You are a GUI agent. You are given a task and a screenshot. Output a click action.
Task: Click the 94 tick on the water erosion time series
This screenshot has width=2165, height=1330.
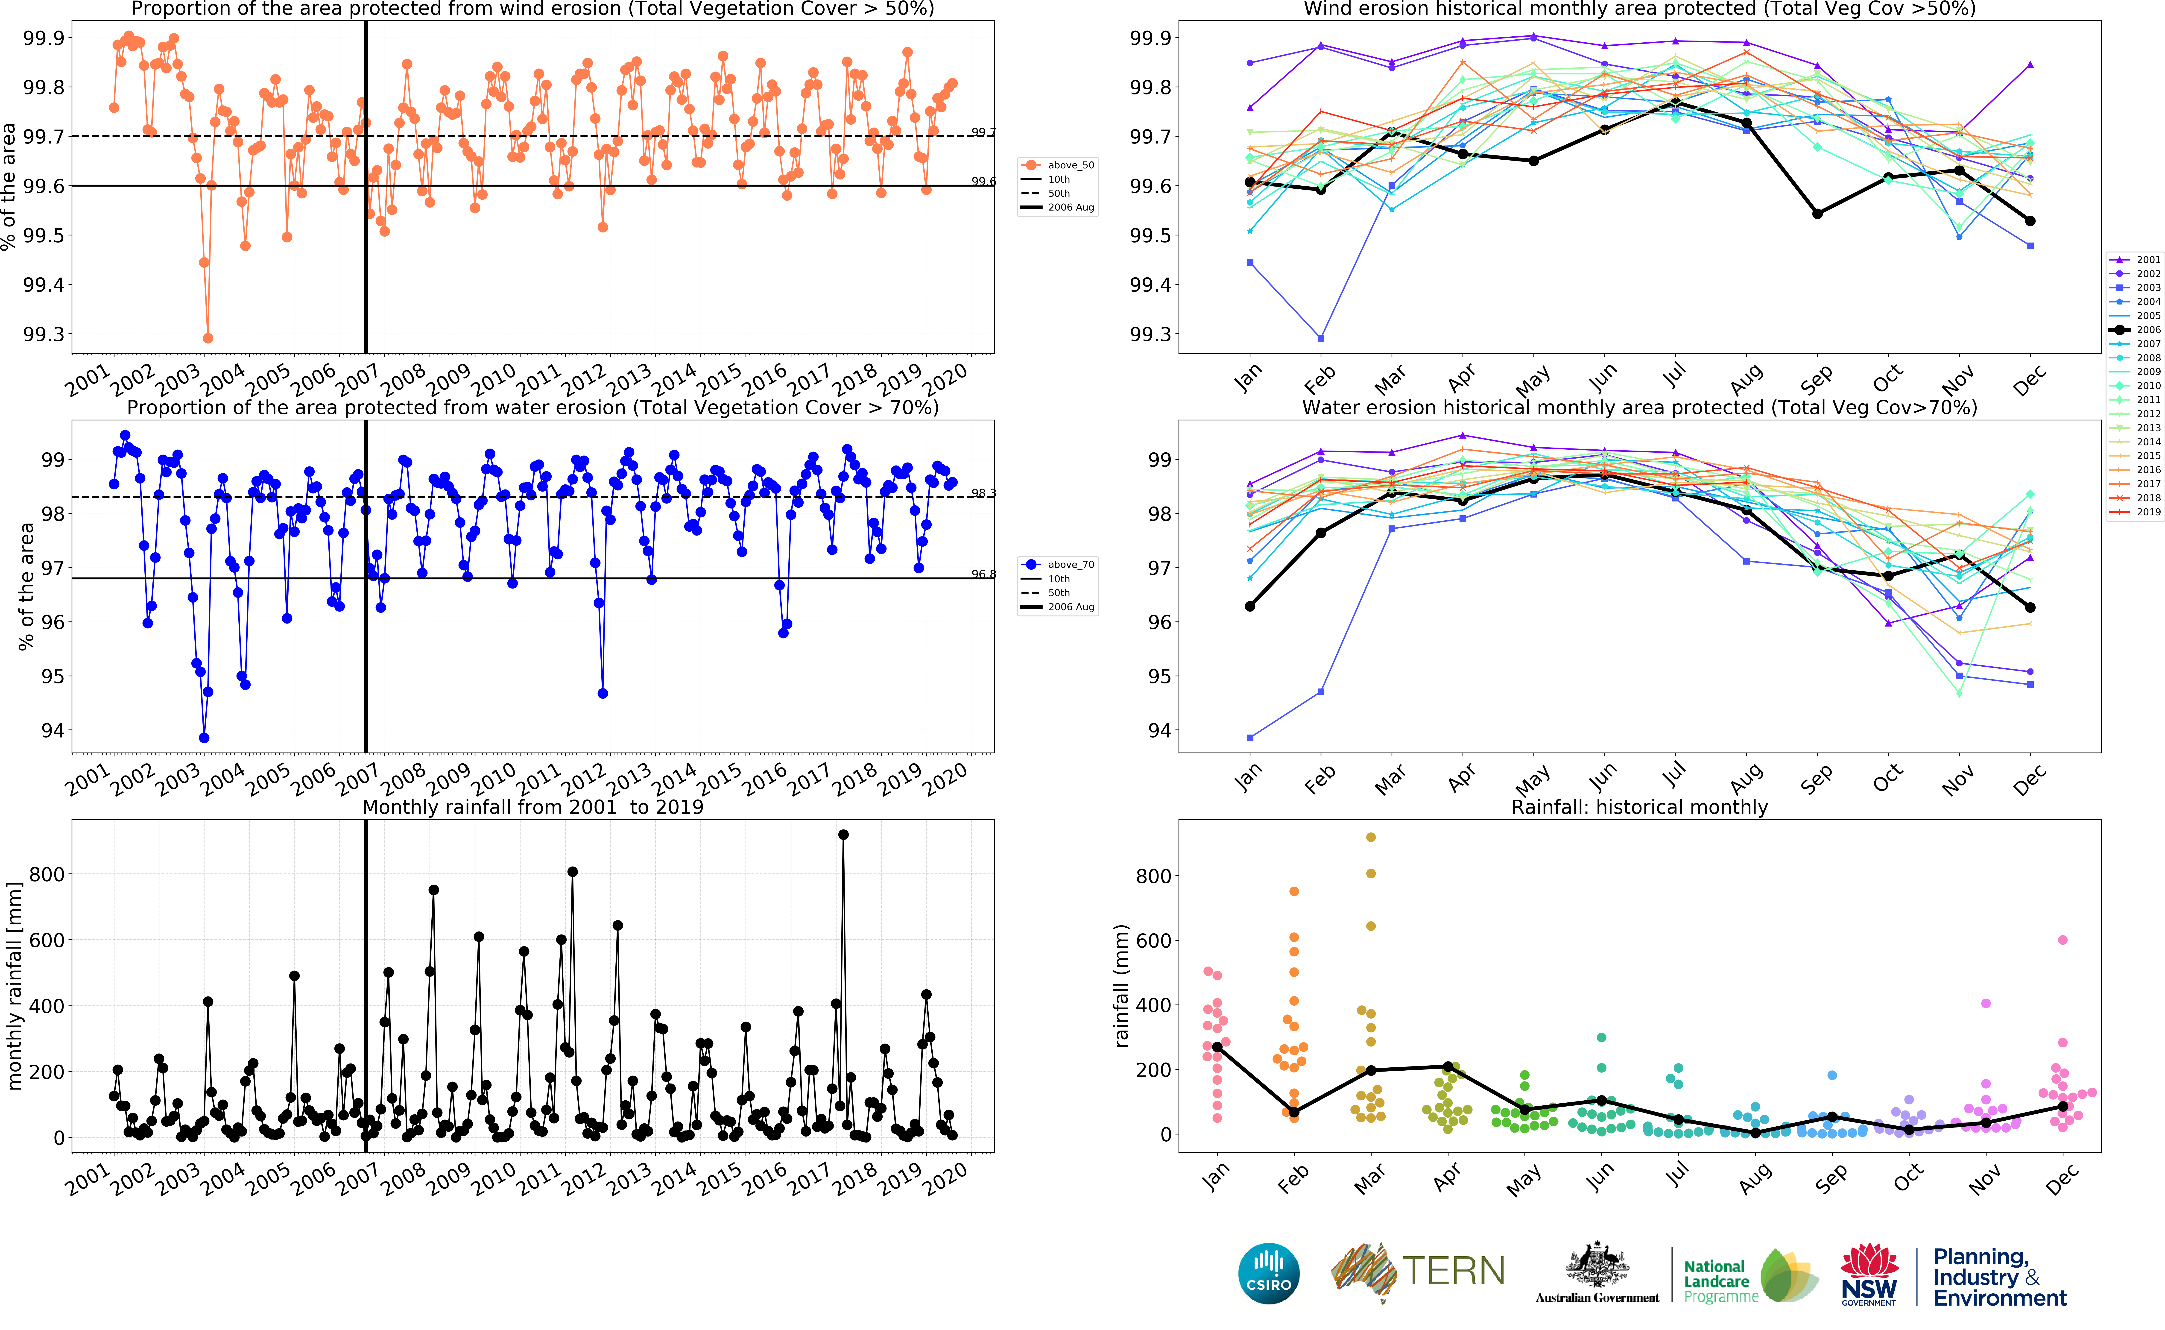pos(53,731)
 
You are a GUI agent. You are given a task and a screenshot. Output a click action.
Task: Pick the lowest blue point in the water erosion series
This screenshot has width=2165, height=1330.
pos(204,738)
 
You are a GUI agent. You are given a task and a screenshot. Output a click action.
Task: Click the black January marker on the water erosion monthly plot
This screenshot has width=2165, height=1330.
pos(1249,606)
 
